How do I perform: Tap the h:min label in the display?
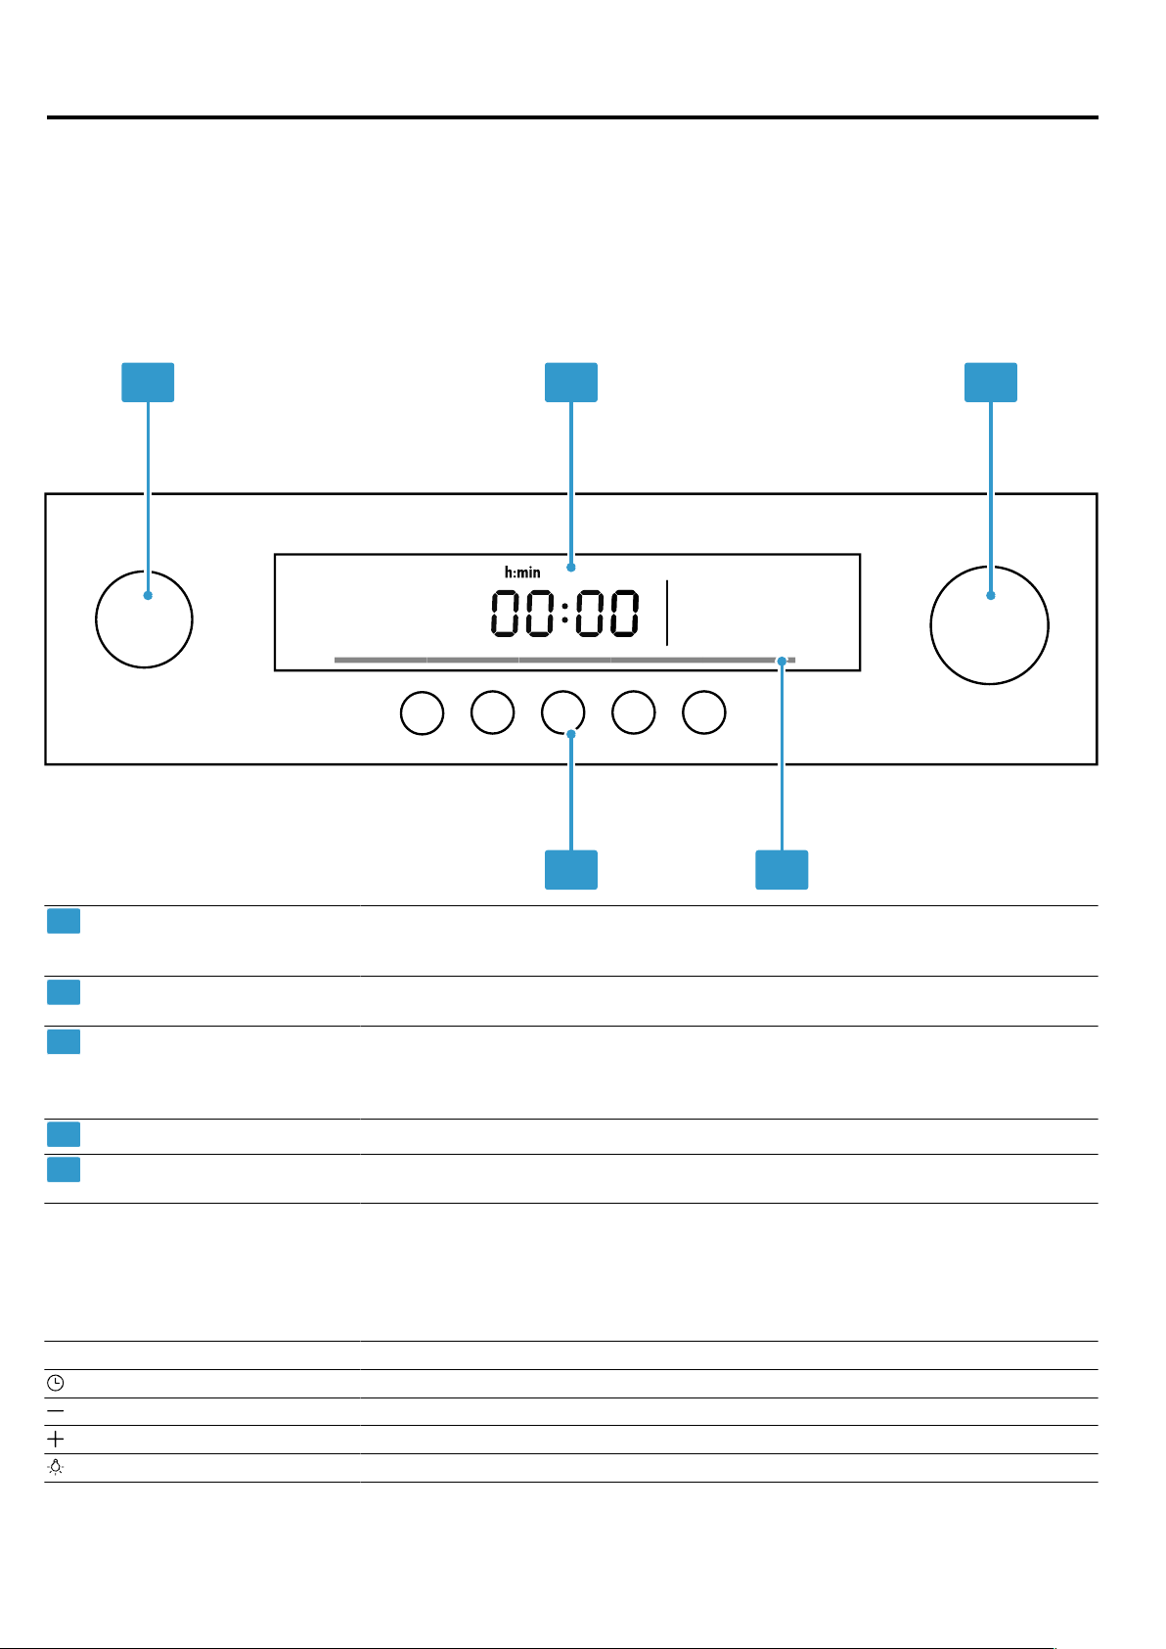[x=522, y=572]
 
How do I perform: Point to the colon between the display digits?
[x=565, y=613]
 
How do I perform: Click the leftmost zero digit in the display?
[x=506, y=613]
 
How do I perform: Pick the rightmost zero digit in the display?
[x=623, y=613]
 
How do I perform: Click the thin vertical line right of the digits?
[x=667, y=613]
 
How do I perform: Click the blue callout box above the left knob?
[x=148, y=382]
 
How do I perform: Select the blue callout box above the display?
[x=571, y=382]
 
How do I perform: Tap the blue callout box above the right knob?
[x=991, y=382]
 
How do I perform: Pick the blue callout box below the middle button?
[x=571, y=869]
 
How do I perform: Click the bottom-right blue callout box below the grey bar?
[x=782, y=869]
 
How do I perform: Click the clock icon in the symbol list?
[x=55, y=1383]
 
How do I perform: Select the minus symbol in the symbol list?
[x=55, y=1410]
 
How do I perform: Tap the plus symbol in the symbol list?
[x=55, y=1439]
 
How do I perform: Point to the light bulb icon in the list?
[x=55, y=1467]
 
